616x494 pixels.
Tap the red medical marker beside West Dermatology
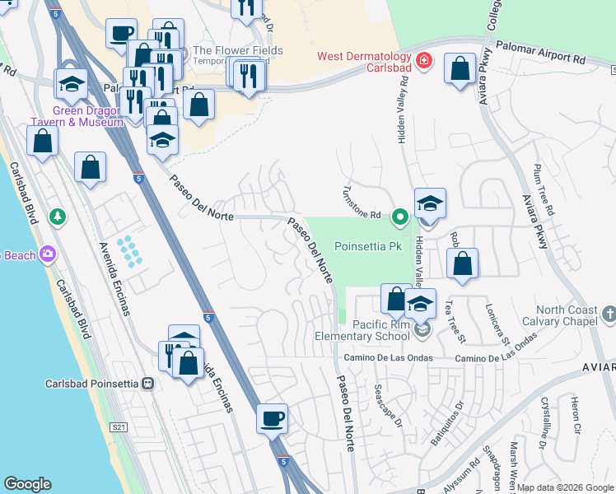point(424,60)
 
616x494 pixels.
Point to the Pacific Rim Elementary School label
point(362,330)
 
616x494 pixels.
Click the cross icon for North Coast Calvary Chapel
point(609,313)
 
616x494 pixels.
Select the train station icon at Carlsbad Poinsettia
point(148,383)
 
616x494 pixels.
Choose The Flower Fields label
point(237,51)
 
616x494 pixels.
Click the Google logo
point(28,483)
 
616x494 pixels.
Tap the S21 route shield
point(119,426)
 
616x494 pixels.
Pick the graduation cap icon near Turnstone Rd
point(430,203)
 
